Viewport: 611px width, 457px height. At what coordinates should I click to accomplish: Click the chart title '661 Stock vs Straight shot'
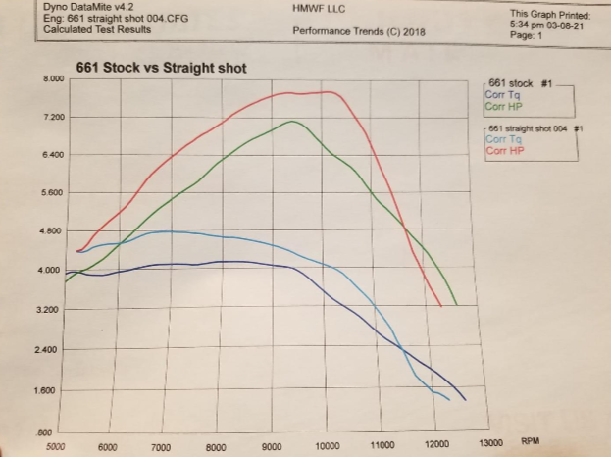click(x=162, y=68)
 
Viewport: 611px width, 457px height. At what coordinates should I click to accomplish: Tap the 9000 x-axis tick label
click(x=273, y=447)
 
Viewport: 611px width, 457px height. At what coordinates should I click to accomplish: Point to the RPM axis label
click(x=531, y=442)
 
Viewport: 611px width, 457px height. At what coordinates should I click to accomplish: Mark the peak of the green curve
click(x=292, y=122)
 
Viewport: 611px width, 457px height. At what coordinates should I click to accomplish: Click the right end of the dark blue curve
click(x=465, y=400)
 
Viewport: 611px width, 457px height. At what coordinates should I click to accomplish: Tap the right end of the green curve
click(x=456, y=304)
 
